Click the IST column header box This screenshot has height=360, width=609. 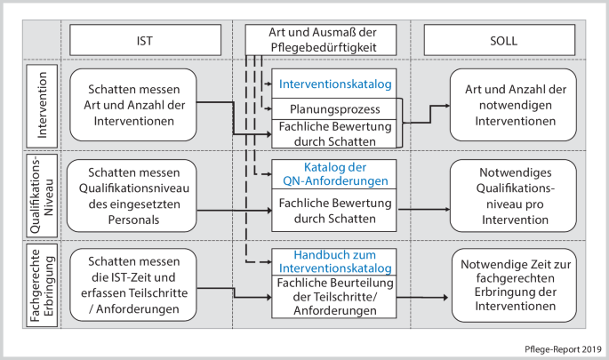click(x=144, y=40)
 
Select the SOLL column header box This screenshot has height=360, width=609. click(x=499, y=40)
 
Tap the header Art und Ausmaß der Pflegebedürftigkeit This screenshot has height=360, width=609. click(x=322, y=40)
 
